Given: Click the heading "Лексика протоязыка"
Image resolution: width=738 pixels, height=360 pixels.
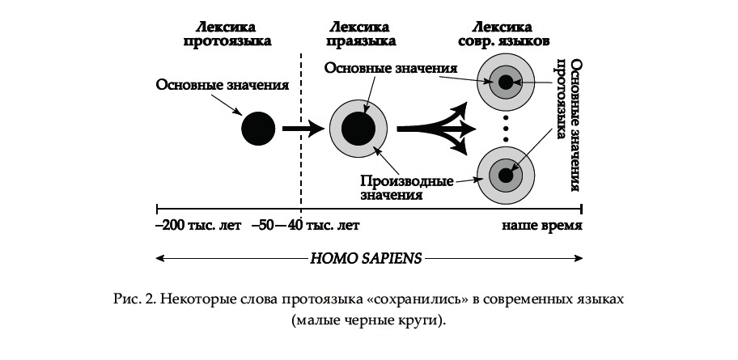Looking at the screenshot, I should [x=227, y=32].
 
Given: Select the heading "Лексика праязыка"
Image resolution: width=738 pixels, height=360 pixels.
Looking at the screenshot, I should [x=361, y=32].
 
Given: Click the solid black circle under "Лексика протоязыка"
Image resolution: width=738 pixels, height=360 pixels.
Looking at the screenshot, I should [x=259, y=129].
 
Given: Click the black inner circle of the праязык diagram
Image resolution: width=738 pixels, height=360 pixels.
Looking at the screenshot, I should [x=358, y=129].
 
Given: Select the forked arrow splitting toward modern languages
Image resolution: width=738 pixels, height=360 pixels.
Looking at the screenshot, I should [x=437, y=128].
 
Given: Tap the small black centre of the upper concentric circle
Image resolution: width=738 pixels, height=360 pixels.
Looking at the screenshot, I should [x=507, y=81].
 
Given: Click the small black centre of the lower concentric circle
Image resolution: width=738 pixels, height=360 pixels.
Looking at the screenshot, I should [x=507, y=175].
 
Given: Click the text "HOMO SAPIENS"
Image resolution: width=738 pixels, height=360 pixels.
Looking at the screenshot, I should [x=366, y=260].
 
